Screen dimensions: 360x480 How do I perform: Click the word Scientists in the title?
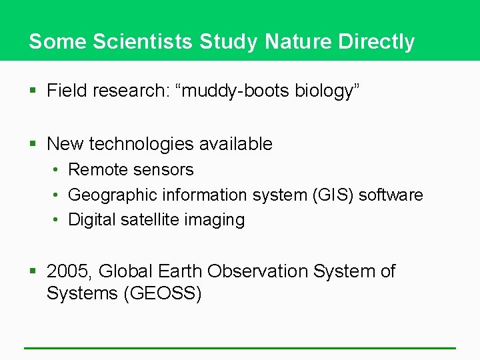click(143, 41)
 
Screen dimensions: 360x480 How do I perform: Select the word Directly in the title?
click(377, 41)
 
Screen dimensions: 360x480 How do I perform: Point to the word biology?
click(325, 91)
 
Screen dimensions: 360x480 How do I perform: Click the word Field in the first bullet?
click(65, 91)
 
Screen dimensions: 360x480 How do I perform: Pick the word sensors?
click(161, 170)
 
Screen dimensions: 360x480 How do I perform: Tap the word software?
click(391, 195)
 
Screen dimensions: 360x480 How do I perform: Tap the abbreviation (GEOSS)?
click(162, 293)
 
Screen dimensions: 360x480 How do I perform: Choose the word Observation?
click(257, 271)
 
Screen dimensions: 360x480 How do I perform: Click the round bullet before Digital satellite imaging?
click(57, 220)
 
